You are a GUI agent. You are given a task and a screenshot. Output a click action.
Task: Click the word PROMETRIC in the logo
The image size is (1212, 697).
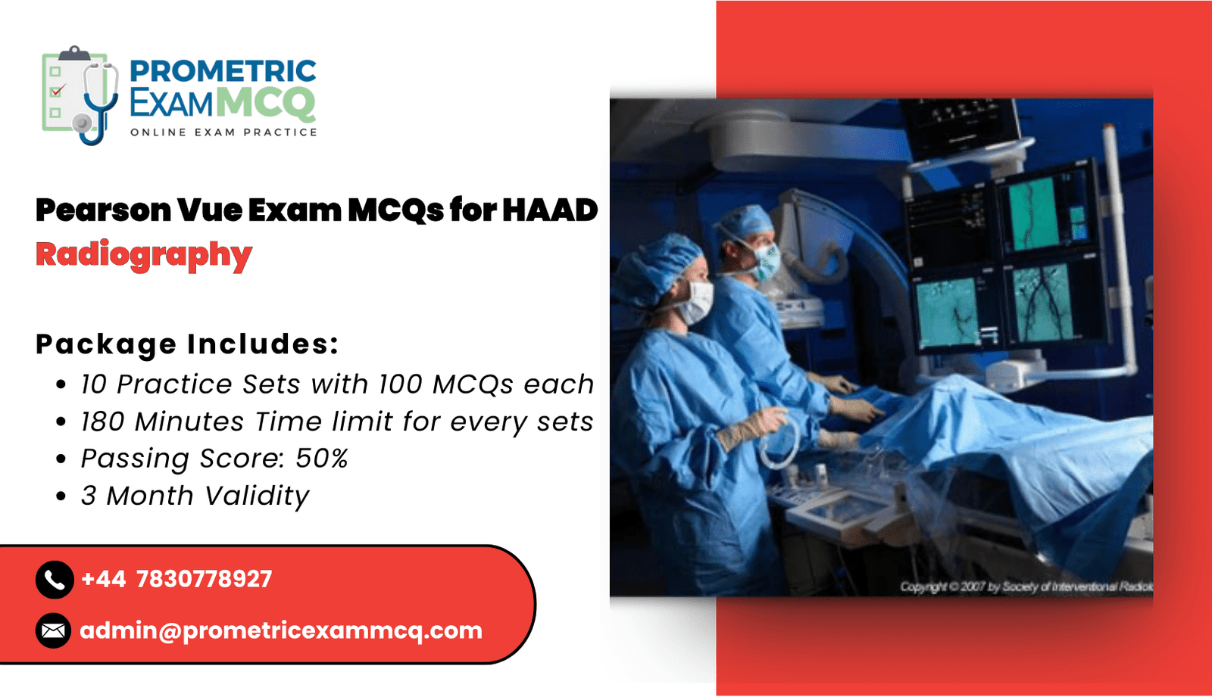pyautogui.click(x=223, y=71)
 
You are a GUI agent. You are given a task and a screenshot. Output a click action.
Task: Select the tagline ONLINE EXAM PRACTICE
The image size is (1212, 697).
pyautogui.click(x=223, y=132)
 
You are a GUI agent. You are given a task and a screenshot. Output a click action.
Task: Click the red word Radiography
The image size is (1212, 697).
pyautogui.click(x=143, y=255)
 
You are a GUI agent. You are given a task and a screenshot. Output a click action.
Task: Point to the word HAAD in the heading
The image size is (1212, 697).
pyautogui.click(x=550, y=210)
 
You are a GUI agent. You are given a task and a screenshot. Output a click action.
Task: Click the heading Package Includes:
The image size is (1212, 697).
pyautogui.click(x=186, y=344)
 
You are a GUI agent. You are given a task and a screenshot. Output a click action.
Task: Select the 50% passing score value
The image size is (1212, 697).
pyautogui.click(x=322, y=459)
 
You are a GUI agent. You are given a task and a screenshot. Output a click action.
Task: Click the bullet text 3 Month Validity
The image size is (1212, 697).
pyautogui.click(x=195, y=496)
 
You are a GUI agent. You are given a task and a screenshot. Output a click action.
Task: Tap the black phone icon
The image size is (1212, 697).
pyautogui.click(x=54, y=580)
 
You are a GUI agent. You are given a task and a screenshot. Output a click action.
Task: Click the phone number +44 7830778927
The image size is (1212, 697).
pyautogui.click(x=176, y=580)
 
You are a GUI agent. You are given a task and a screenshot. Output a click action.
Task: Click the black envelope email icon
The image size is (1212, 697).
pyautogui.click(x=54, y=630)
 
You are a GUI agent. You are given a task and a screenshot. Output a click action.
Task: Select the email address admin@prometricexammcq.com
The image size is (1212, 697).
pyautogui.click(x=281, y=630)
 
